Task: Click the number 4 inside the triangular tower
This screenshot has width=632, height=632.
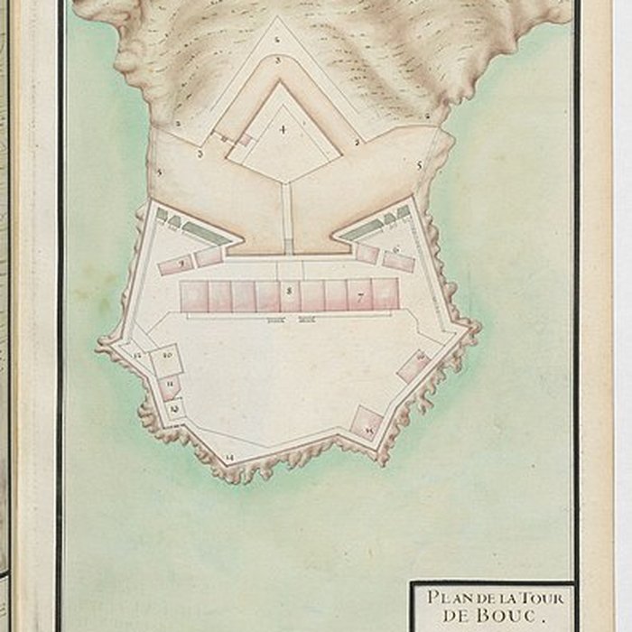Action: (283, 130)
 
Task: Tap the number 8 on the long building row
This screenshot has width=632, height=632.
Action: (289, 290)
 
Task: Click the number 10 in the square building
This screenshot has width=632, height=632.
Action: (168, 356)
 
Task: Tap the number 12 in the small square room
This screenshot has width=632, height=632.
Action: (174, 409)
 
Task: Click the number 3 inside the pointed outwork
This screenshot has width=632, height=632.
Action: (279, 60)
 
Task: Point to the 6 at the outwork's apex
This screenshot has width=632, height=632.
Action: (277, 40)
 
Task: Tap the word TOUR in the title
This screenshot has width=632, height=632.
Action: (541, 598)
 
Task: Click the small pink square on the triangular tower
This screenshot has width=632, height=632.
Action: (244, 139)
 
